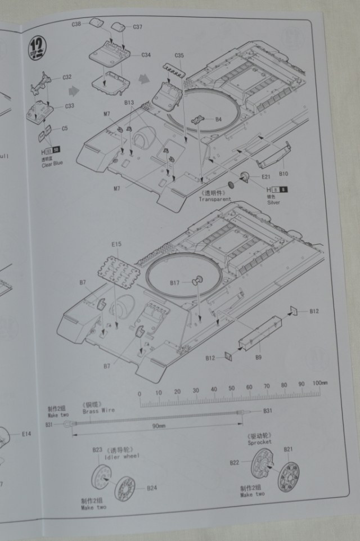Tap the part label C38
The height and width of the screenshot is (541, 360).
coord(76,24)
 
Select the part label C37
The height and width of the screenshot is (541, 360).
coord(137,27)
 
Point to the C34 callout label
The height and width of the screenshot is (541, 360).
coord(146,55)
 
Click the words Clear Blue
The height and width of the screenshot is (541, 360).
coord(52,164)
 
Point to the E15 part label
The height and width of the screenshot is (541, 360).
coord(116,245)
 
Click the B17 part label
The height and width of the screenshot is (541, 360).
coord(174,282)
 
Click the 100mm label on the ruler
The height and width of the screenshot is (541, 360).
coord(319,383)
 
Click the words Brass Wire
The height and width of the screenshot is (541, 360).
coord(98,410)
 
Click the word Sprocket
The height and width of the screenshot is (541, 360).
coord(259,442)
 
